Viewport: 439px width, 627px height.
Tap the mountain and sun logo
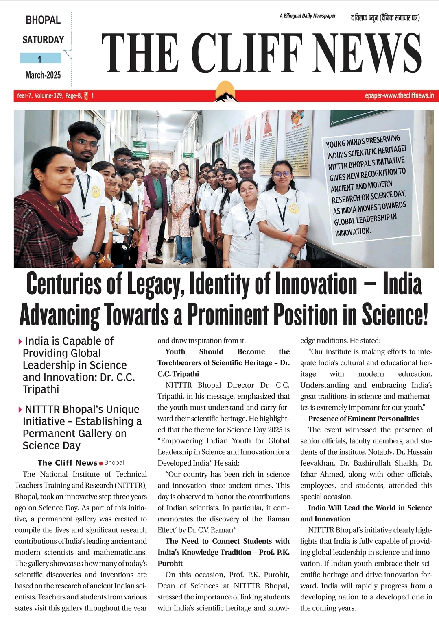coord(226,92)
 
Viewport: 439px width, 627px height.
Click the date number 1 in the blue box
coord(40,59)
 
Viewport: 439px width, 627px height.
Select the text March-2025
coord(43,75)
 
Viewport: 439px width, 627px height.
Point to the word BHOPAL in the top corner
coord(43,20)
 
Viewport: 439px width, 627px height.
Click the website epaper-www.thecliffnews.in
coord(399,96)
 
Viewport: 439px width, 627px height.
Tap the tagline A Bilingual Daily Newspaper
coord(308,16)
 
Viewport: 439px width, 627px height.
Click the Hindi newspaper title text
coord(385,17)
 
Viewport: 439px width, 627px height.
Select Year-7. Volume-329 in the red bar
coord(39,96)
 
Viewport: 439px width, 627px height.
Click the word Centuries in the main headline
coord(63,284)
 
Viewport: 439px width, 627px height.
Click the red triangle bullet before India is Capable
coord(20,342)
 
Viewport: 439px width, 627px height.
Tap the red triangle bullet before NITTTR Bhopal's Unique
coord(20,410)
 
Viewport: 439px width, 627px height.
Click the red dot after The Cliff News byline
coord(101,464)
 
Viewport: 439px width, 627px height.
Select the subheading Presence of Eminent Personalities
coord(364,419)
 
